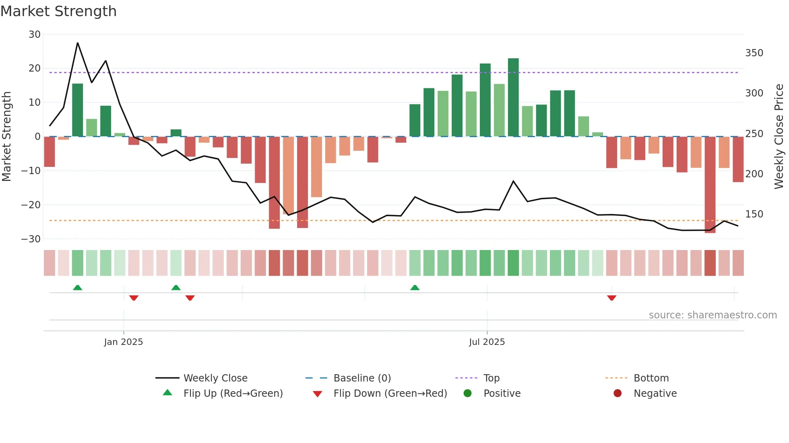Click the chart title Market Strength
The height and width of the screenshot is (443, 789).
[58, 11]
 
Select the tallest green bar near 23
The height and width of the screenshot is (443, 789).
[513, 97]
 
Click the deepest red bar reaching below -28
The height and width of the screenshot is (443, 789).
[710, 185]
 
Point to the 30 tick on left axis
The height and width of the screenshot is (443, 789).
[35, 35]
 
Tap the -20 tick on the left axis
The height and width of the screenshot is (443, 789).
[31, 205]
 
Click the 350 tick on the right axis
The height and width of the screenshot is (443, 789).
[754, 53]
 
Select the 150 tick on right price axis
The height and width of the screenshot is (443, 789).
[754, 214]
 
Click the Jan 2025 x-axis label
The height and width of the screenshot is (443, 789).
[123, 342]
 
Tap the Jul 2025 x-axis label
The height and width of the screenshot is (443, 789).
[487, 342]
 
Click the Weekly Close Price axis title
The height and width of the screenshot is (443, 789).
[779, 137]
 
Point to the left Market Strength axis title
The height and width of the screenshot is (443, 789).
[6, 137]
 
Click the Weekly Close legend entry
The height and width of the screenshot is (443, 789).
[215, 378]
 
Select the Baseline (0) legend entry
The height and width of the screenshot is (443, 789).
[362, 378]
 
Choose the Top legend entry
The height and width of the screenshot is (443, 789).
[491, 378]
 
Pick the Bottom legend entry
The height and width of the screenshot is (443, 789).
[651, 378]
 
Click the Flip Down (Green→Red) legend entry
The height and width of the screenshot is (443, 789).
[390, 394]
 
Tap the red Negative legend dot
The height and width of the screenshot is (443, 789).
[618, 394]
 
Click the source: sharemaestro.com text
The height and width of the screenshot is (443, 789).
[713, 315]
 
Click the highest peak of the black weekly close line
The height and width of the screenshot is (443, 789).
[78, 43]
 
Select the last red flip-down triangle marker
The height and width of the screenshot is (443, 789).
[611, 298]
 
